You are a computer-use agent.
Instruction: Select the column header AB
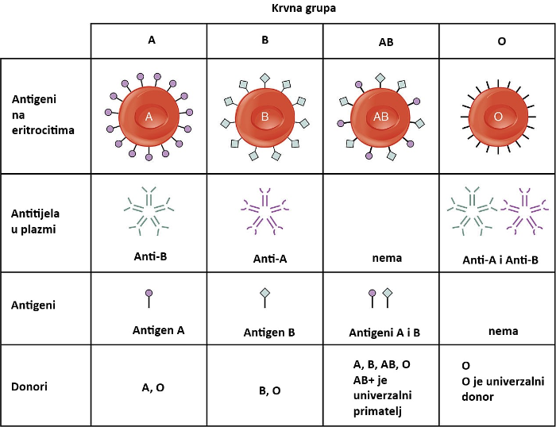pyautogui.click(x=381, y=40)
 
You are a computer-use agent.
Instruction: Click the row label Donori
pyautogui.click(x=31, y=385)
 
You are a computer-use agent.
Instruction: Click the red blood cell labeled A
pyautogui.click(x=149, y=117)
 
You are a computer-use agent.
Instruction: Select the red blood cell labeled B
pyautogui.click(x=265, y=117)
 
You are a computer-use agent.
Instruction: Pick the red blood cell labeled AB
pyautogui.click(x=381, y=117)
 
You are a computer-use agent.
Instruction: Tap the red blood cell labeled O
pyautogui.click(x=498, y=117)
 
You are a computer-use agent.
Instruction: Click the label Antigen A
pyautogui.click(x=158, y=329)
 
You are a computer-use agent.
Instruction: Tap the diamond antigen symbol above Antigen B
pyautogui.click(x=265, y=297)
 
